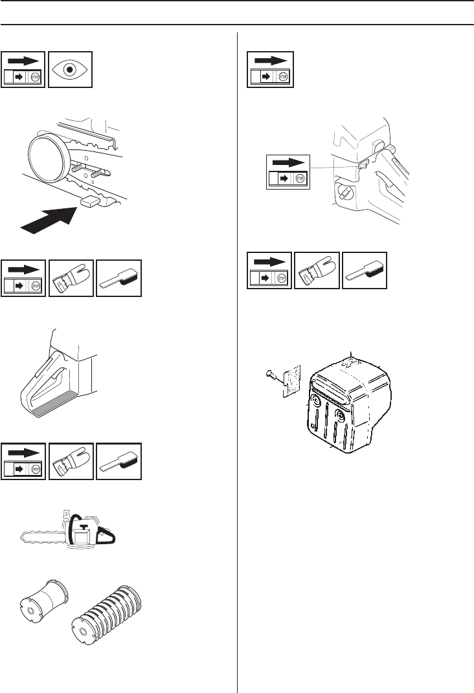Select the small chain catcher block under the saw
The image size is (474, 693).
pyautogui.click(x=91, y=203)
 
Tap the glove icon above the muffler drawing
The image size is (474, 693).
pyautogui.click(x=317, y=270)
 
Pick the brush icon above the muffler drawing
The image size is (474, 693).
pyautogui.click(x=365, y=270)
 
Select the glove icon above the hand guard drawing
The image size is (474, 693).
pyautogui.click(x=71, y=279)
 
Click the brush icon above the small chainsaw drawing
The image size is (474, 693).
pyautogui.click(x=119, y=461)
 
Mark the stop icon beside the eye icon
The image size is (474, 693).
pyautogui.click(x=24, y=69)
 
